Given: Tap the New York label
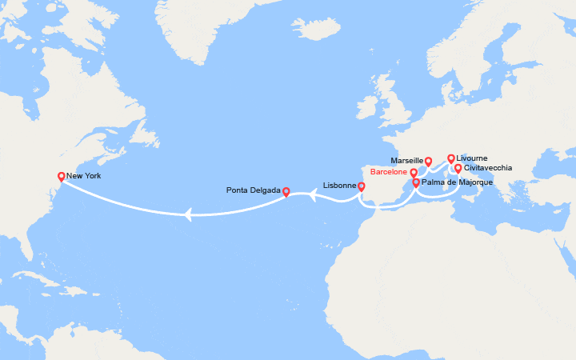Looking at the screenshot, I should click(x=84, y=176).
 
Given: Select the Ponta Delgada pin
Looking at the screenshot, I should click(x=286, y=192).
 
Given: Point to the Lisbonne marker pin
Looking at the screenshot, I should click(x=361, y=187).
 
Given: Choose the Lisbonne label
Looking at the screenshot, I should click(x=339, y=186).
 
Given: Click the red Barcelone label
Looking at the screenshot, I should click(x=389, y=172).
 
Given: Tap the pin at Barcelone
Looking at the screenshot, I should click(x=414, y=173).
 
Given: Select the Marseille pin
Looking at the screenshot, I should click(x=428, y=161).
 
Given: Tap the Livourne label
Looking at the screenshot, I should click(x=472, y=158).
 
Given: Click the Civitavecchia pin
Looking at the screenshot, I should click(x=458, y=169).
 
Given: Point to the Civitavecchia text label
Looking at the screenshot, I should click(x=488, y=168).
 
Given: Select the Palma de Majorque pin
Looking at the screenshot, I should click(x=416, y=183).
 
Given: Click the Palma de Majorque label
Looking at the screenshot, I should click(x=457, y=183).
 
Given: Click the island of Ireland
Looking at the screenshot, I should click(x=369, y=107).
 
